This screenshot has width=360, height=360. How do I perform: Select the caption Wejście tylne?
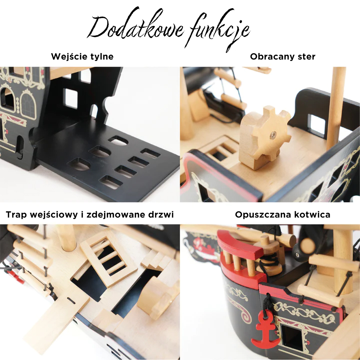[x=82, y=57]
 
